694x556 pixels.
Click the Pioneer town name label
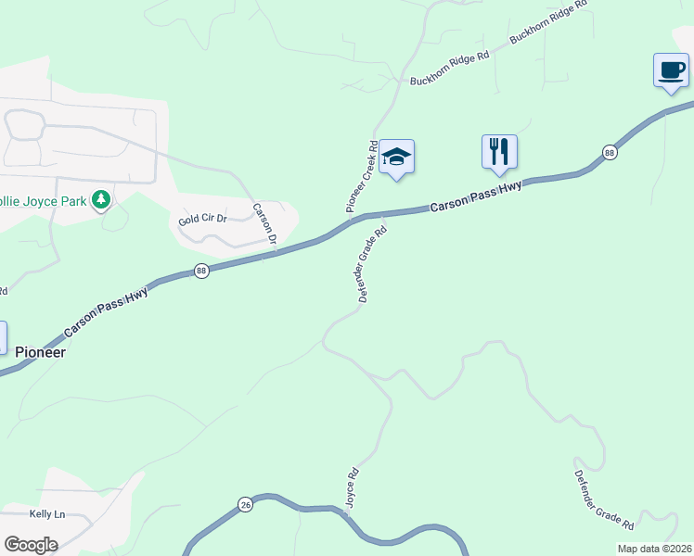click(x=41, y=352)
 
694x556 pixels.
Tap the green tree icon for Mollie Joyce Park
click(x=102, y=199)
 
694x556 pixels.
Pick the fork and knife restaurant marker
click(x=499, y=151)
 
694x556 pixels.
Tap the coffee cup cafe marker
click(x=671, y=70)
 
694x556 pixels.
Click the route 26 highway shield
click(x=245, y=504)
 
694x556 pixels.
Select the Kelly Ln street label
click(x=47, y=514)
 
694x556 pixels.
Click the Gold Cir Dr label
click(x=201, y=221)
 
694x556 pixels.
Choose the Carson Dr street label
click(x=266, y=224)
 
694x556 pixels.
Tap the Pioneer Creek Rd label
click(x=362, y=177)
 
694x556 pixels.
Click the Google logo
click(x=32, y=544)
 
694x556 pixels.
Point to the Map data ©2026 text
click(x=654, y=549)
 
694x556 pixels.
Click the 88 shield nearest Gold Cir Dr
click(x=202, y=271)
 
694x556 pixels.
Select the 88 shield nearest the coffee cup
click(x=609, y=152)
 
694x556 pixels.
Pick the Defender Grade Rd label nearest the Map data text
click(x=604, y=499)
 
